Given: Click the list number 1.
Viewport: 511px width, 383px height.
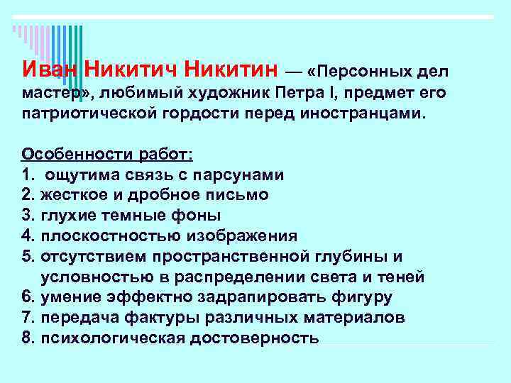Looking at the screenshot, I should pyautogui.click(x=26, y=174).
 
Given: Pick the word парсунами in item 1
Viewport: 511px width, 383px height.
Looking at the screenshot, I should pyautogui.click(x=247, y=174).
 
